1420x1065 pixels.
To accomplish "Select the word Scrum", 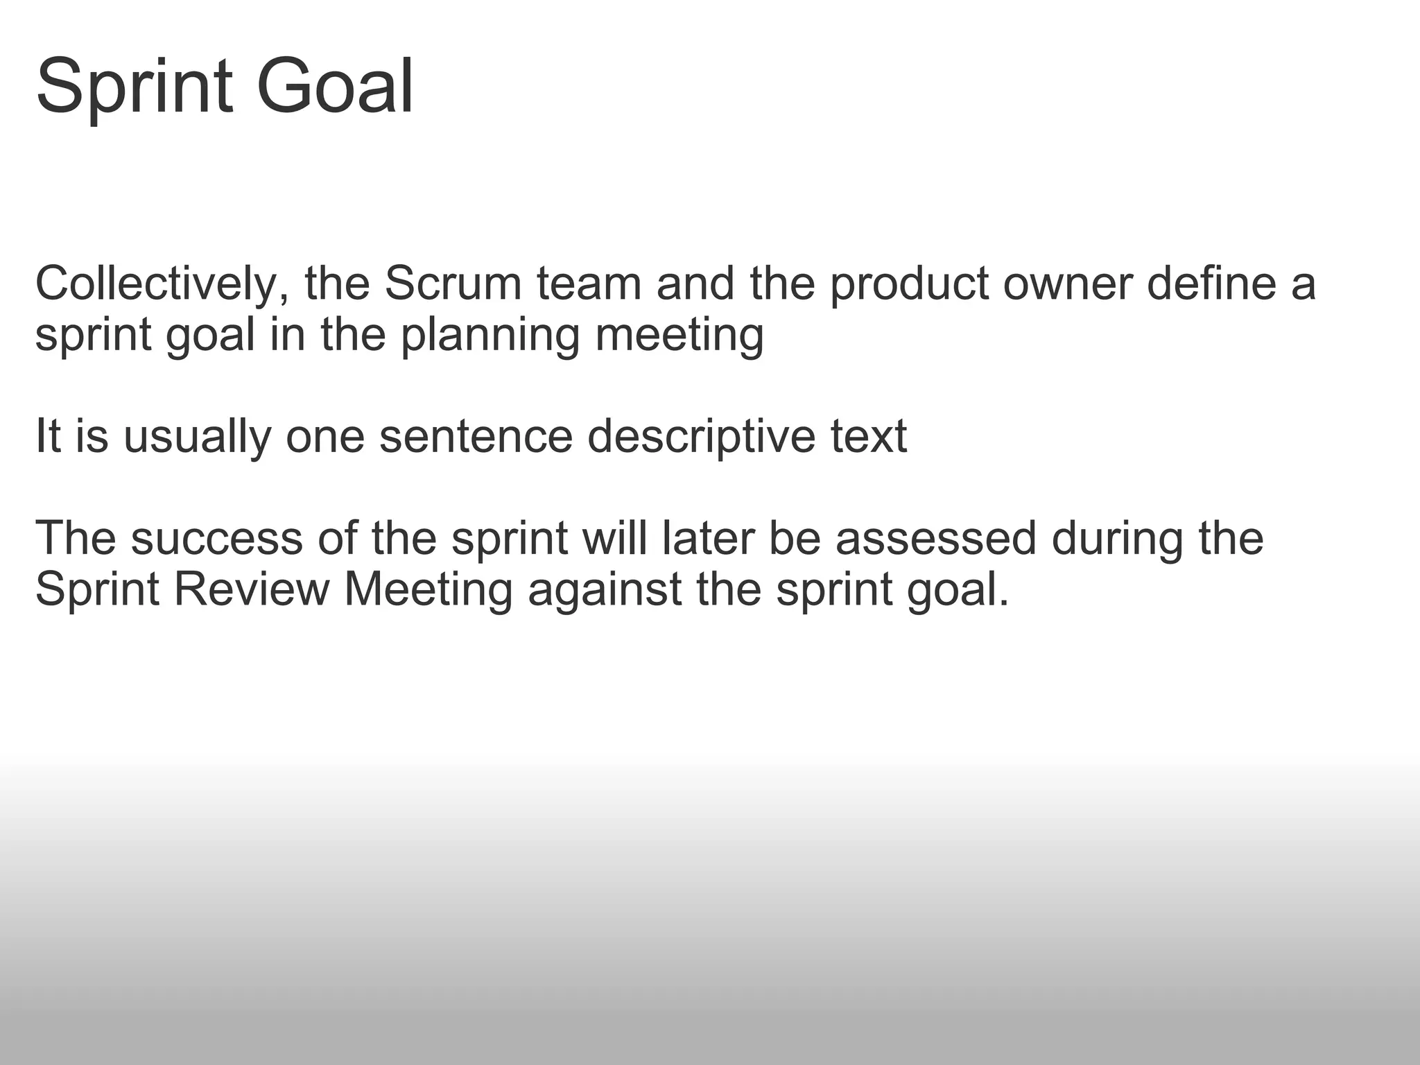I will click(452, 285).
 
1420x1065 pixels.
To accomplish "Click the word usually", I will click(197, 438).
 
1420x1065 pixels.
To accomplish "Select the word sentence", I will click(476, 438).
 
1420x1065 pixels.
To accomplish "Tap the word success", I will click(216, 539).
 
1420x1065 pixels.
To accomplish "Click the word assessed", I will click(935, 539).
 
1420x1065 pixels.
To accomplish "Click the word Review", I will click(251, 590).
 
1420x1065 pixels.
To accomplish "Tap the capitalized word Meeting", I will click(428, 590).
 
